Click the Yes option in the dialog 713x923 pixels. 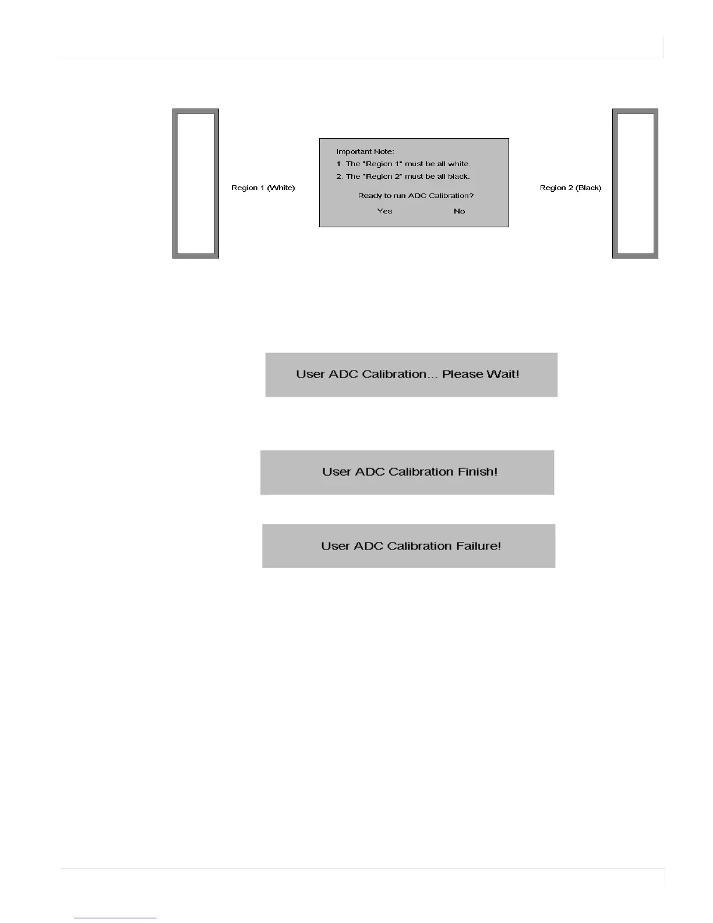(384, 211)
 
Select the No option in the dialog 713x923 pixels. (459, 211)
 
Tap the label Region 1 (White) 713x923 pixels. (263, 188)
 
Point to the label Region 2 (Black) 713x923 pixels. (570, 188)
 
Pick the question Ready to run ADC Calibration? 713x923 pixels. (416, 196)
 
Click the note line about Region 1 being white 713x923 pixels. (403, 164)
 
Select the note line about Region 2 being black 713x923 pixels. (403, 177)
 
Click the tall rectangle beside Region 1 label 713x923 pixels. (196, 184)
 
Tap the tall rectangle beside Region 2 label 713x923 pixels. (636, 184)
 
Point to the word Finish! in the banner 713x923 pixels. (477, 471)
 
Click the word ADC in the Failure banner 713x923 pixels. (368, 546)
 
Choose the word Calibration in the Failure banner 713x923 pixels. (419, 546)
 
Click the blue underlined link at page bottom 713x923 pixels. (115, 917)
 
